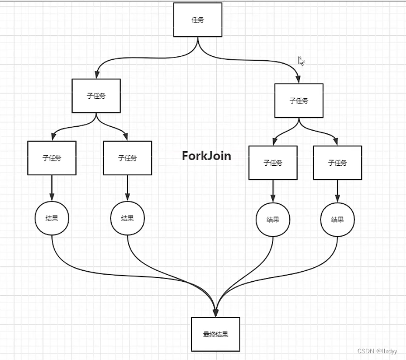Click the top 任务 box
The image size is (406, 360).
point(198,20)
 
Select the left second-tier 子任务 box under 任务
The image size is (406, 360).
point(96,95)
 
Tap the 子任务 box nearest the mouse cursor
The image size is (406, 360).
point(299,100)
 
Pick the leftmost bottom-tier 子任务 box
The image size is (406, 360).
point(52,158)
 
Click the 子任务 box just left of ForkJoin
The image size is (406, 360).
point(127,158)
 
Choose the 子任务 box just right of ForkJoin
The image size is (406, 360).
point(273,162)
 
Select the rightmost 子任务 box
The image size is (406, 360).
point(337,162)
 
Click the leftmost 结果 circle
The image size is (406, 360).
point(52,218)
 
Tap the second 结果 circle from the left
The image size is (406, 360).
point(127,218)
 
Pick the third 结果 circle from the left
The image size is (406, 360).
point(273,219)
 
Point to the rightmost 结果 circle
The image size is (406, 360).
point(337,219)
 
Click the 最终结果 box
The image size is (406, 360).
point(216,334)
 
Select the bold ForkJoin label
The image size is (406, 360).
point(206,156)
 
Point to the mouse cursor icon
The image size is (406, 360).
point(300,61)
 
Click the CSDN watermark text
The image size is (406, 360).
point(377,351)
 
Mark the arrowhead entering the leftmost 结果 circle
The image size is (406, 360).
point(52,198)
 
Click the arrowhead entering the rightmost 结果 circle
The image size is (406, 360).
point(337,199)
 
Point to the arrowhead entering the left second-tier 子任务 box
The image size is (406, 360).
point(97,75)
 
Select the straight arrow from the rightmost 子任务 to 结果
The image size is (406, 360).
point(337,190)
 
